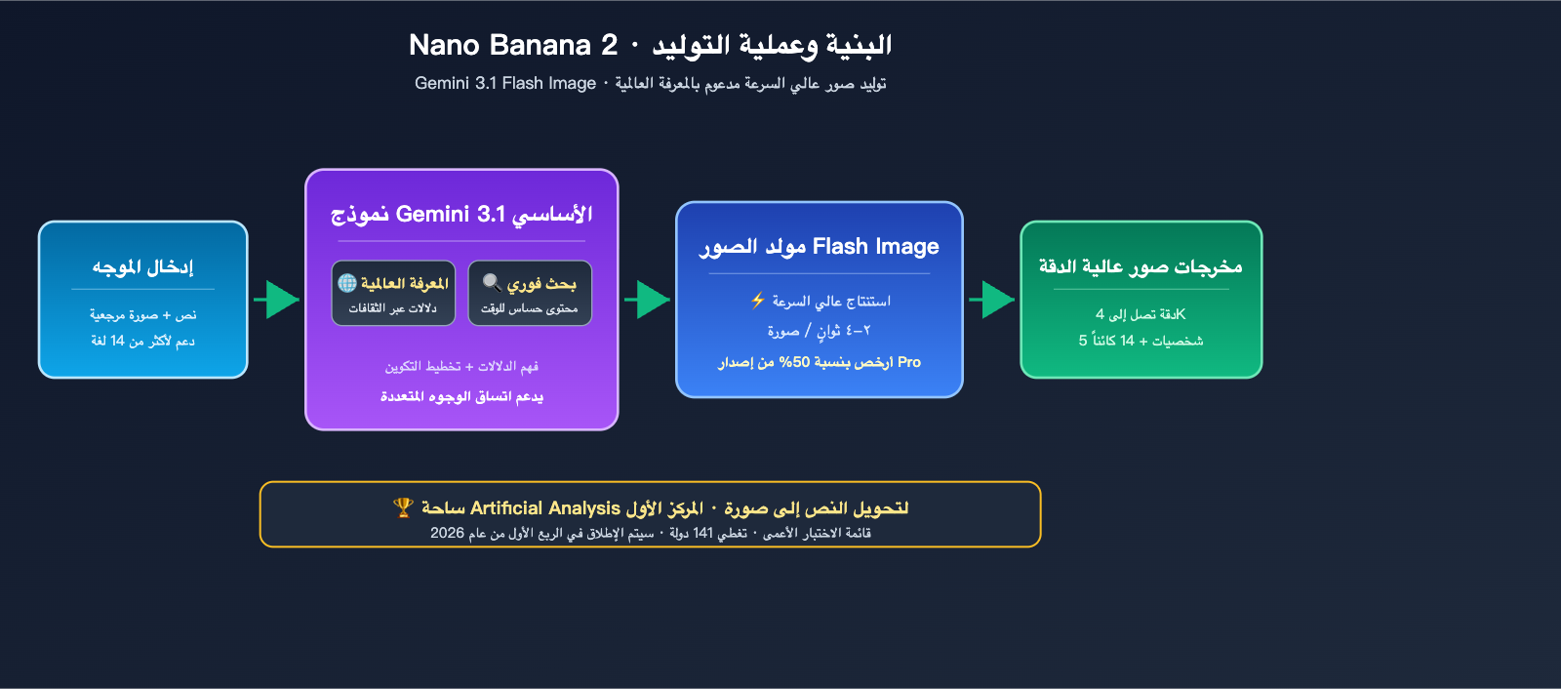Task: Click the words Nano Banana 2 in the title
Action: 512,45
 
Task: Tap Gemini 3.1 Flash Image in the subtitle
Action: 504,84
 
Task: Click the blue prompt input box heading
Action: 142,266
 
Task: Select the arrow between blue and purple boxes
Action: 277,300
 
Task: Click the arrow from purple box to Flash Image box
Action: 647,300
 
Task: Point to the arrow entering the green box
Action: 992,300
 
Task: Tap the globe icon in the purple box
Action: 347,283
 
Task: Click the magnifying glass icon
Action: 492,283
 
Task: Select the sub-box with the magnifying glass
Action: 530,293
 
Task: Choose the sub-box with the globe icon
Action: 393,293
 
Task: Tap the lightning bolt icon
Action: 757,301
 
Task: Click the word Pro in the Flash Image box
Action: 909,362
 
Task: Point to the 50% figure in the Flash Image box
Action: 795,362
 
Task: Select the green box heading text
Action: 1141,266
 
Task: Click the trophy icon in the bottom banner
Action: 403,507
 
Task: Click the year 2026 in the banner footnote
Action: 447,533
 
